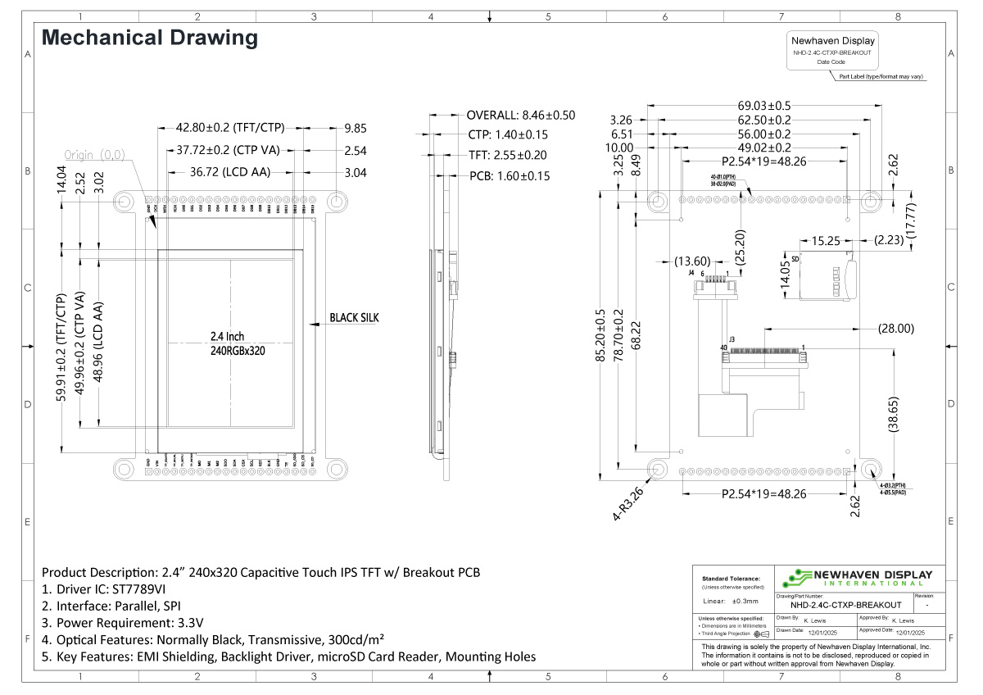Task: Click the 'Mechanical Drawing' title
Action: point(149,38)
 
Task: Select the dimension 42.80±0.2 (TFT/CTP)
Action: point(230,127)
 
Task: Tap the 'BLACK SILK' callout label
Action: point(354,317)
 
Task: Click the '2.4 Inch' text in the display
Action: point(227,336)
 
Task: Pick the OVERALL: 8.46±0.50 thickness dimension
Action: point(520,116)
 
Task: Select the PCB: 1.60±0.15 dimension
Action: point(509,175)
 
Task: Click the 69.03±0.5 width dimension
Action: point(764,106)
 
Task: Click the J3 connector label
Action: point(732,338)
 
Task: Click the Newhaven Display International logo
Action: point(856,577)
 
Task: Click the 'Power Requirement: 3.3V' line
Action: point(122,623)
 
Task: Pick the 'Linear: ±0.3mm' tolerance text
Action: point(732,601)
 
